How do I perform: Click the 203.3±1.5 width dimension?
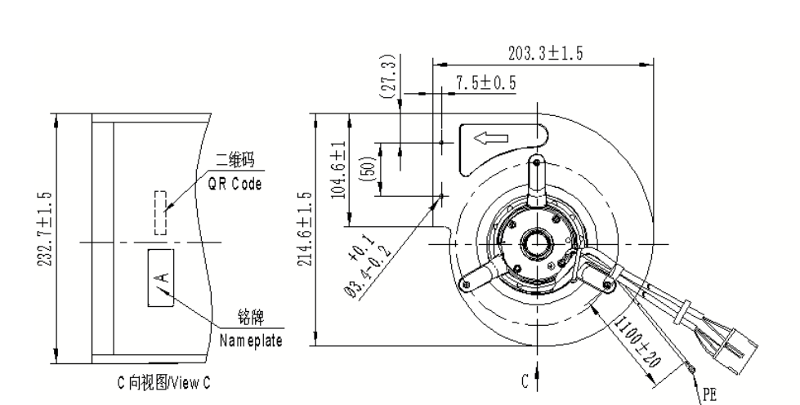545,54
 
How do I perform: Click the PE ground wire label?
710,393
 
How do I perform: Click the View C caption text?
163,381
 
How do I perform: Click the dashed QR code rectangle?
160,212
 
